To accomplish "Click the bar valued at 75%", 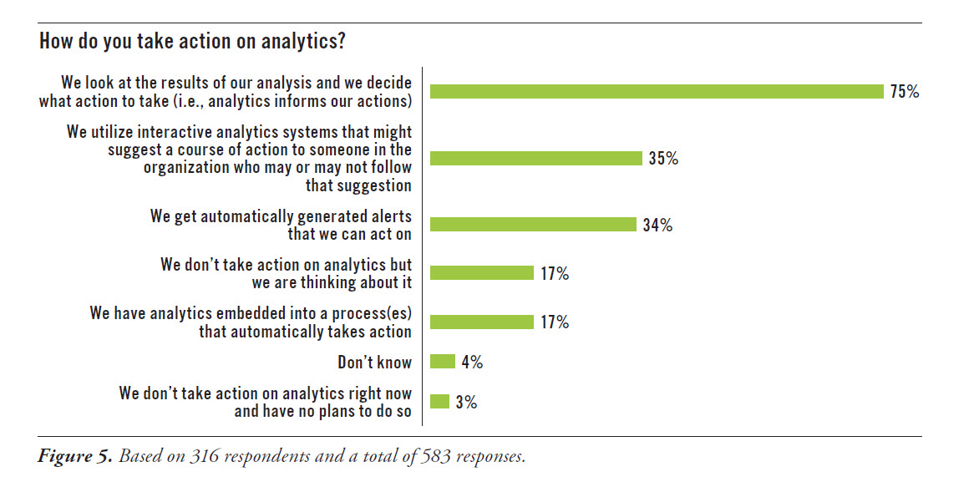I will pyautogui.click(x=657, y=92).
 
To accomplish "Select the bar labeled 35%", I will pyautogui.click(x=535, y=159).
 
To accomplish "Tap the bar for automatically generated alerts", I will pyautogui.click(x=534, y=225).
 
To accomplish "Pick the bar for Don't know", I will pyautogui.click(x=443, y=362).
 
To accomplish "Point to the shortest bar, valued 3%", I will pyautogui.click(x=440, y=402).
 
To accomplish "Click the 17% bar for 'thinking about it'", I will pyautogui.click(x=481, y=273).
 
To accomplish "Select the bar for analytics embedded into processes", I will pyautogui.click(x=481, y=322).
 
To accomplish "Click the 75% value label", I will pyautogui.click(x=904, y=92).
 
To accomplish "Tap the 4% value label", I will pyautogui.click(x=471, y=362).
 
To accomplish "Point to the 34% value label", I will pyautogui.click(x=657, y=225).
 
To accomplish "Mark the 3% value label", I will pyautogui.click(x=466, y=402).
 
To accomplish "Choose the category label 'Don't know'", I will pyautogui.click(x=375, y=362).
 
